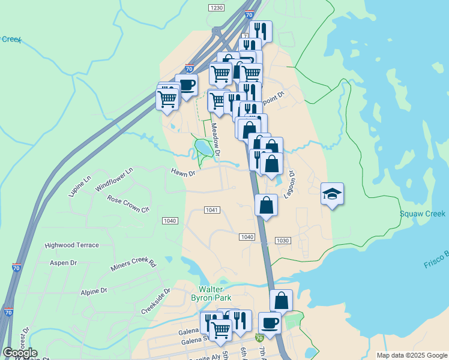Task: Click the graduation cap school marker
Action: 332,194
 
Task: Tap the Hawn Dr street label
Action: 184,173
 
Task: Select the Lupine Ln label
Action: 79,186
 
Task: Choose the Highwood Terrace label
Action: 71,245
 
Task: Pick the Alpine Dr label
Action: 94,290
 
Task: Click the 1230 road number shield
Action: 216,7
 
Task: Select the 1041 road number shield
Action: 211,209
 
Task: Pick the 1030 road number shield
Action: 283,241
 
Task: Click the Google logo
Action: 20,353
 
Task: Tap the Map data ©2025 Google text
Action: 412,355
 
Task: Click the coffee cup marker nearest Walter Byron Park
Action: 270,323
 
